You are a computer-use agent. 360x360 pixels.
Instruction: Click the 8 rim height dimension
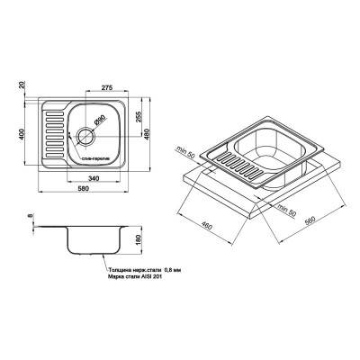pos(30,215)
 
